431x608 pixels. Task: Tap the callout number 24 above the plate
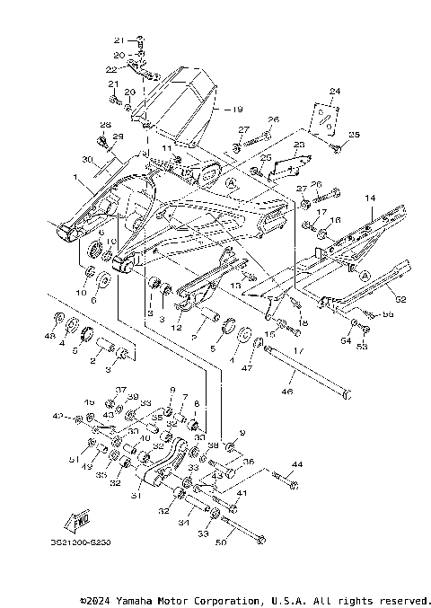(335, 92)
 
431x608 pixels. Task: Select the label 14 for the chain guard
(368, 197)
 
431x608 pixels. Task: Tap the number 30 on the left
(88, 159)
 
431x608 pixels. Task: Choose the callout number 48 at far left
(49, 336)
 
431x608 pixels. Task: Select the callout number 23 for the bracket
(300, 145)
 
